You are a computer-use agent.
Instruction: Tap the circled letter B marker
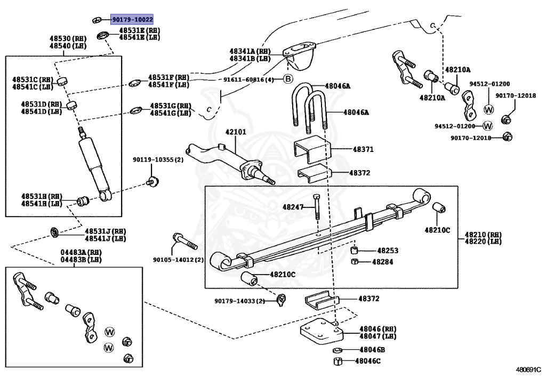[287, 79]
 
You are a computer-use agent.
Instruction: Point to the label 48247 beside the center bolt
[293, 206]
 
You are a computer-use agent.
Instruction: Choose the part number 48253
[388, 250]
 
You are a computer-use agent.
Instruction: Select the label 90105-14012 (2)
[178, 260]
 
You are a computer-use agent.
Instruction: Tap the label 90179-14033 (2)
[240, 301]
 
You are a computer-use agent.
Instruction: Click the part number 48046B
[372, 350]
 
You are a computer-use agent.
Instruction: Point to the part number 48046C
[368, 362]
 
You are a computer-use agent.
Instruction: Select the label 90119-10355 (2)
[158, 160]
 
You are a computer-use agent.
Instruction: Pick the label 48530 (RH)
[68, 39]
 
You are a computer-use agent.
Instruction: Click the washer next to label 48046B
[337, 350]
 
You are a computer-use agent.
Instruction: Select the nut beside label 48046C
[337, 362]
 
